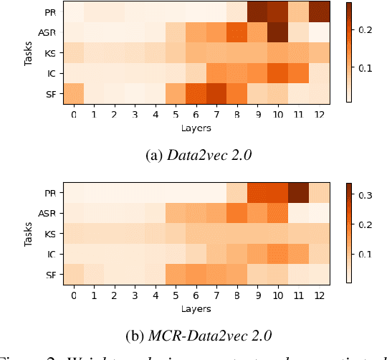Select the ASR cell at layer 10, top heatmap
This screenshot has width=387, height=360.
point(277,32)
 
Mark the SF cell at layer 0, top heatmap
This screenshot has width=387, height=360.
point(72,93)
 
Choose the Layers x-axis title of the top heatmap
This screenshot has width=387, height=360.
point(196,128)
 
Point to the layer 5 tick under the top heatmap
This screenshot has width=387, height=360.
point(175,115)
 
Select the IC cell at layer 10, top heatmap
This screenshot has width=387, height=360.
point(277,73)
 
